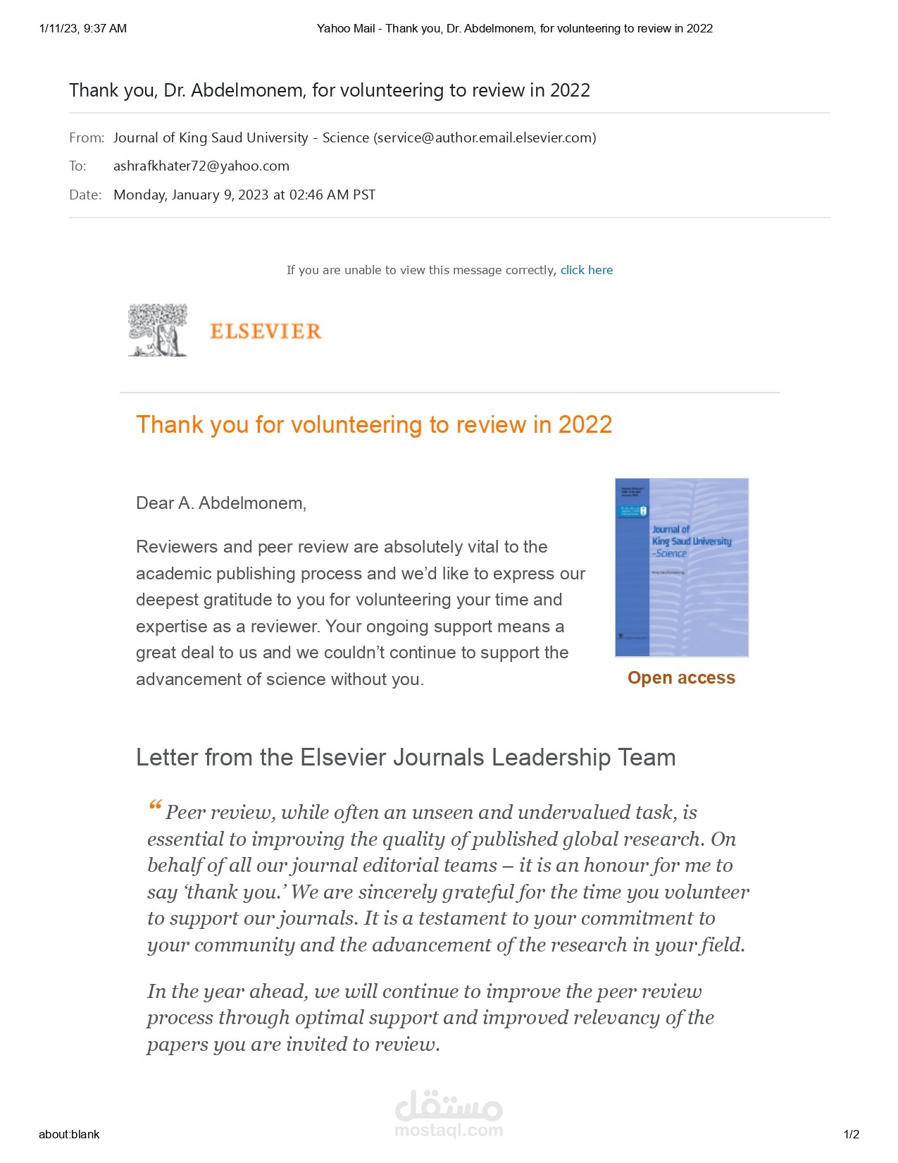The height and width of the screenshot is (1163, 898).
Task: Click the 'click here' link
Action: [586, 270]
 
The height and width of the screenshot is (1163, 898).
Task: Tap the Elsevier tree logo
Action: [158, 330]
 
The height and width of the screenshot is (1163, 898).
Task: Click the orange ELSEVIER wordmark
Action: [266, 331]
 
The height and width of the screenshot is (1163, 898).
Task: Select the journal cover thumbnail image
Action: [681, 567]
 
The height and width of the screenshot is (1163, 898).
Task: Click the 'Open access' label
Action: [681, 678]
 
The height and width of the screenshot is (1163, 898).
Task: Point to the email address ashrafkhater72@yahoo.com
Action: [201, 166]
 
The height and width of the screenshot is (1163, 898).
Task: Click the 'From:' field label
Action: [87, 138]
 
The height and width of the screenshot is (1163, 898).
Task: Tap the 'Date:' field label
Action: [85, 195]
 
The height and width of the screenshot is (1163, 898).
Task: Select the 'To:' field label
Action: [77, 166]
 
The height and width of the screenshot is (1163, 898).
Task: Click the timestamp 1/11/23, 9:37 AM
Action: [83, 29]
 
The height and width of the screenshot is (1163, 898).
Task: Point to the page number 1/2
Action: [852, 1134]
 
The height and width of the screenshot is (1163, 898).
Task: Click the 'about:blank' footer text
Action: [69, 1134]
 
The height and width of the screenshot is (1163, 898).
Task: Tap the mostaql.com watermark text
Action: [449, 1131]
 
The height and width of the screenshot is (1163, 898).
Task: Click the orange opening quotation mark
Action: [155, 806]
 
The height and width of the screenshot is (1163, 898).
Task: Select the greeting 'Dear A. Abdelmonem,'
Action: [221, 503]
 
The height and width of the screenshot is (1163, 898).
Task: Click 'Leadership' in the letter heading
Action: [551, 758]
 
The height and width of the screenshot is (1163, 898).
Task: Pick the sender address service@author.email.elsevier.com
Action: [485, 138]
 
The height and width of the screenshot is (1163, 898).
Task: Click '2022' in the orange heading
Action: [585, 425]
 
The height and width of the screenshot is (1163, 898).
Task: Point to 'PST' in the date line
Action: [364, 195]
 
